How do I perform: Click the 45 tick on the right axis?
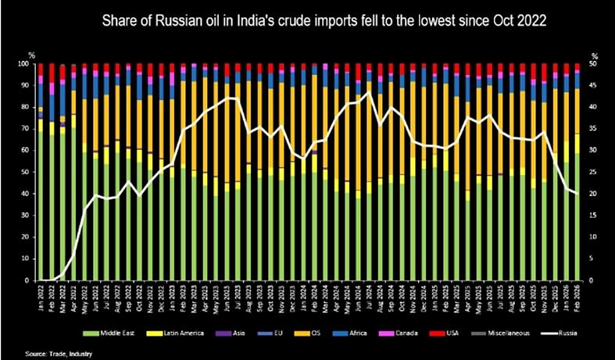594,86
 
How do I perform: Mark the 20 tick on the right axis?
594,194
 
